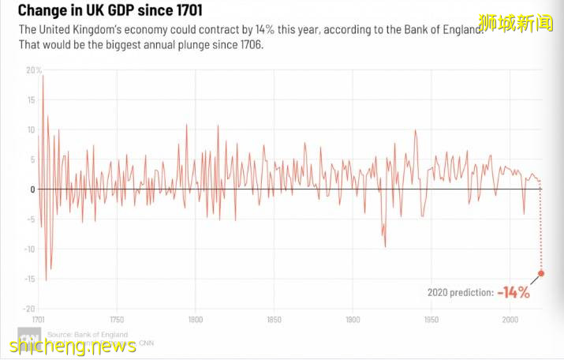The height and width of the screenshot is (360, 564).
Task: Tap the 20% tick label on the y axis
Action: click(x=33, y=70)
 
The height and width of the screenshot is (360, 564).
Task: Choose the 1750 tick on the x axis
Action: click(x=117, y=321)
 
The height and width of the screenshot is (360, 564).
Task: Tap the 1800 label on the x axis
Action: click(x=196, y=321)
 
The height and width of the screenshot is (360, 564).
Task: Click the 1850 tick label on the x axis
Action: click(x=275, y=321)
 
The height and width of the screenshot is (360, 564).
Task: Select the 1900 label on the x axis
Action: click(x=353, y=321)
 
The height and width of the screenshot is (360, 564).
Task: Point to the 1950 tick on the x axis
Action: click(x=431, y=321)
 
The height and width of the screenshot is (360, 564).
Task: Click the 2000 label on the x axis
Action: click(x=510, y=321)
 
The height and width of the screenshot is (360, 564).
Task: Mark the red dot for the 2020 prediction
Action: click(x=541, y=274)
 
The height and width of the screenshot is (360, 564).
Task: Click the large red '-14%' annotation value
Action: click(x=514, y=293)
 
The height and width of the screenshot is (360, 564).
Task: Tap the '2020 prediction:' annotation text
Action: click(x=461, y=293)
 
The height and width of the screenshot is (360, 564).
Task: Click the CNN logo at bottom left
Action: click(x=30, y=337)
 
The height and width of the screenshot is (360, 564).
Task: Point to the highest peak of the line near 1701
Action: click(x=43, y=76)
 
